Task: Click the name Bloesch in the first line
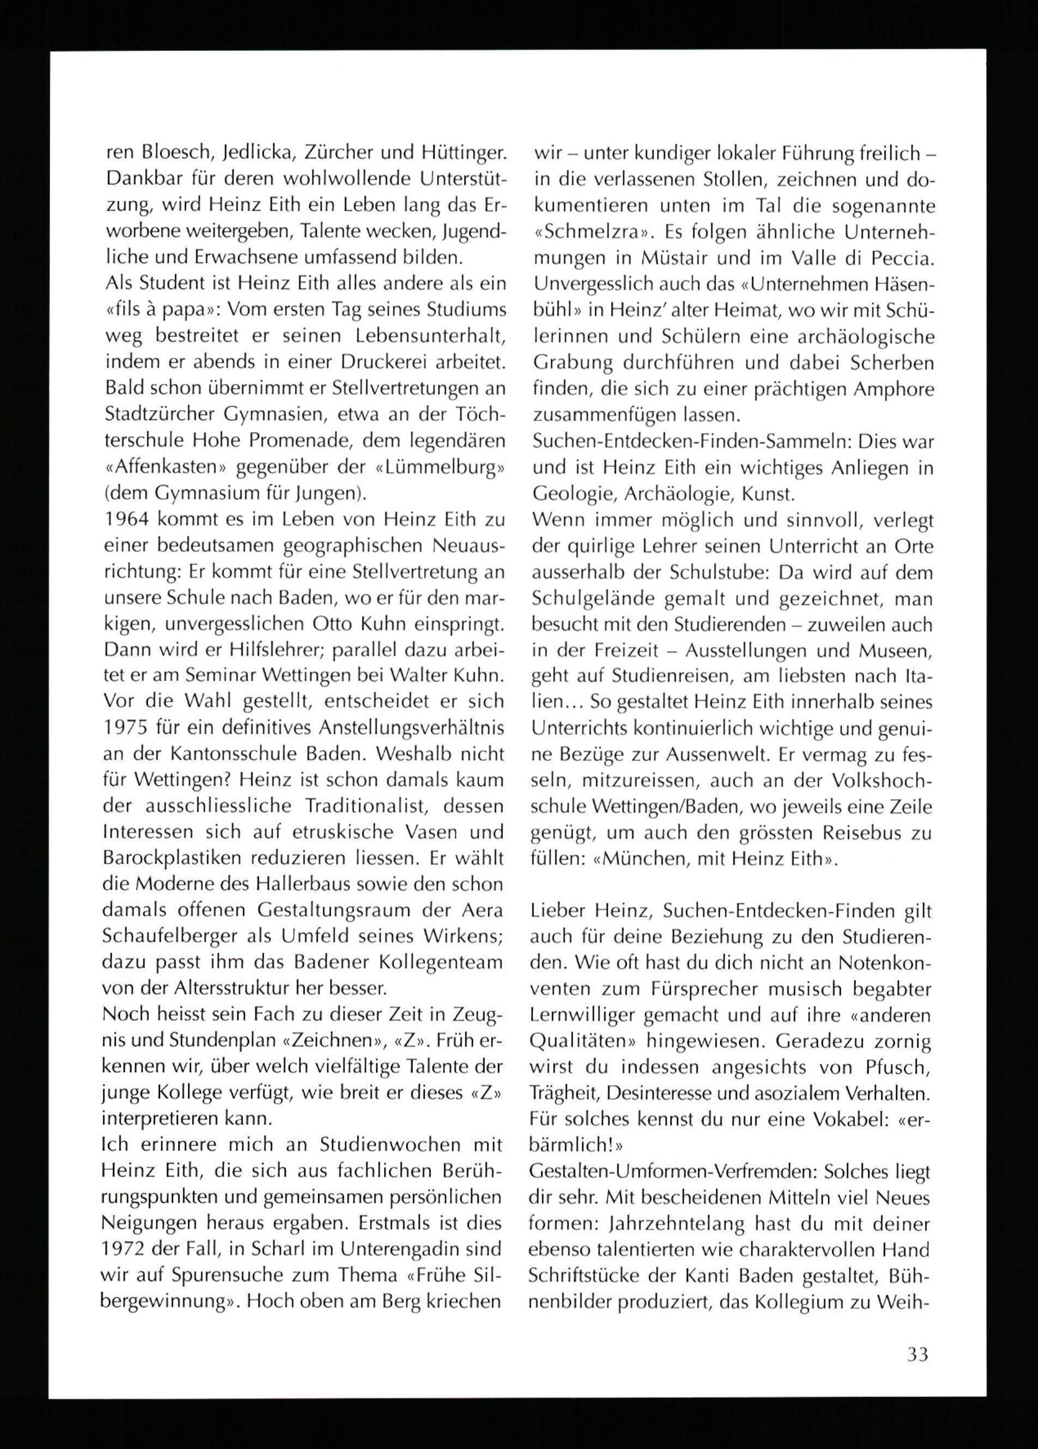click(x=171, y=153)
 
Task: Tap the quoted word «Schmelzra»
click(x=594, y=232)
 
